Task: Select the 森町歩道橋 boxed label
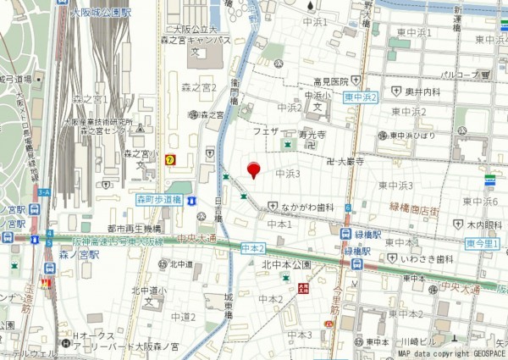pos(160,199)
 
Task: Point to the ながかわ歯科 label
pos(310,207)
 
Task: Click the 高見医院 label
pos(331,81)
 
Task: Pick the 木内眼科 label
pos(484,225)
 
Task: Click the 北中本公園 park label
pos(287,265)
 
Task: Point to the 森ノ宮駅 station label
pos(79,253)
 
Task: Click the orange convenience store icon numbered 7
pos(170,158)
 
